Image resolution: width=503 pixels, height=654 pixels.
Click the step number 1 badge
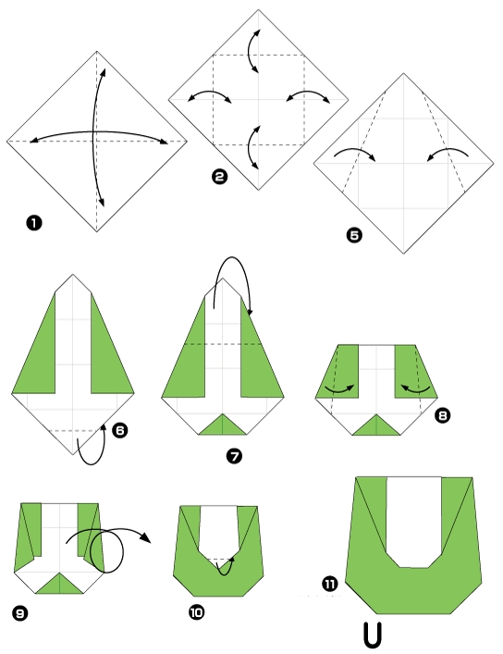[x=34, y=223]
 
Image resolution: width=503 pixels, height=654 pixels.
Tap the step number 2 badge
[x=220, y=177]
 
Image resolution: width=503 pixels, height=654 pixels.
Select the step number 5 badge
[x=354, y=235]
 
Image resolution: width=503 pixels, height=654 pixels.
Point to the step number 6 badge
[x=120, y=430]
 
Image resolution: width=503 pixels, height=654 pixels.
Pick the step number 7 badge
[x=235, y=456]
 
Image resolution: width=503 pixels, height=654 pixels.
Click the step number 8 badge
[x=443, y=415]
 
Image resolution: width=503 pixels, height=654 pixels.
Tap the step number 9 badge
[x=20, y=613]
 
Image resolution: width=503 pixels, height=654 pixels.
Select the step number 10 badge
[x=196, y=612]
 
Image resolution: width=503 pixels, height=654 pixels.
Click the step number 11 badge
[x=330, y=584]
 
